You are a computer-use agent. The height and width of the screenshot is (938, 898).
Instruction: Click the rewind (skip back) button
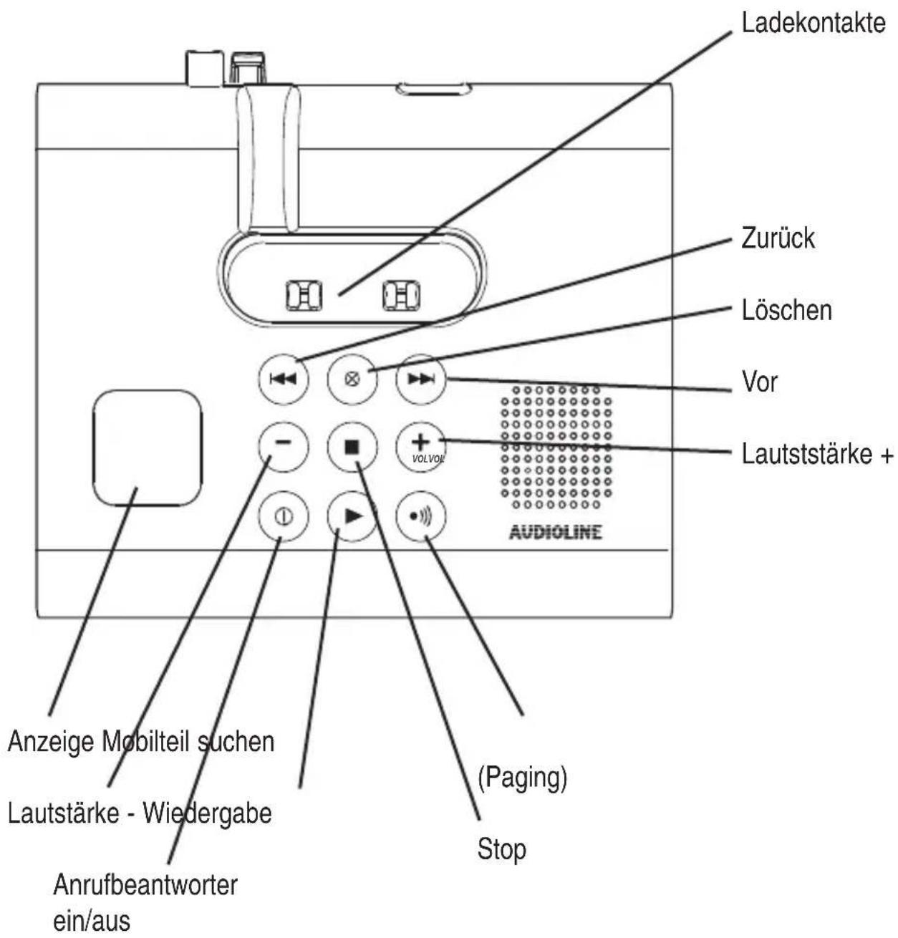tap(284, 379)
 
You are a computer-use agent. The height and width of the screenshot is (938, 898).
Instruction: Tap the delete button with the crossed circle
tap(352, 379)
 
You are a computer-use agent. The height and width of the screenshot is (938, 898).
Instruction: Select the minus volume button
tap(284, 447)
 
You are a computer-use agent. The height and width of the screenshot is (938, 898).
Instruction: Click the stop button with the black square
tap(352, 447)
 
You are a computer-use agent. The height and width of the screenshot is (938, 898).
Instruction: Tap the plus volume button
tap(421, 447)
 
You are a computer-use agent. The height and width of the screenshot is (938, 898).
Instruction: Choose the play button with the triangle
tap(352, 516)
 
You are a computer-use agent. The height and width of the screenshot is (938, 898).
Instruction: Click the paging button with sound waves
tap(421, 516)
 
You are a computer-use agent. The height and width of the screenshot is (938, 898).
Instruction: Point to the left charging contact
tap(304, 295)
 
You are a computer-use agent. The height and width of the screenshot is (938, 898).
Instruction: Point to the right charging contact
tap(401, 295)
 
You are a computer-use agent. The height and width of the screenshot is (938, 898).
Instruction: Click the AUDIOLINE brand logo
tap(556, 533)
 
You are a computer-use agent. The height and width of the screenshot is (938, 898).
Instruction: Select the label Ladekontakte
tap(813, 23)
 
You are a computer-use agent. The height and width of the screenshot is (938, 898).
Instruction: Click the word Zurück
tap(778, 238)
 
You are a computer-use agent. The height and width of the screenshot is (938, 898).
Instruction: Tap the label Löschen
tap(787, 310)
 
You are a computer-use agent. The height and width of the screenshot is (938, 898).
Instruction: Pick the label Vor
tap(760, 382)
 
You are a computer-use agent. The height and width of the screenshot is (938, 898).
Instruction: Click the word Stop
tap(501, 848)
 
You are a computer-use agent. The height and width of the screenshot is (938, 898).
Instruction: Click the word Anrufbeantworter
tap(145, 885)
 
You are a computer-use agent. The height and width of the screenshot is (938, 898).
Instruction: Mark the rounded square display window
tap(148, 448)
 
